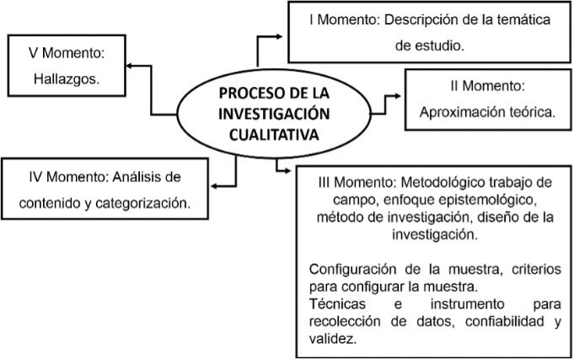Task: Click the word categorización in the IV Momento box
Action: click(x=141, y=202)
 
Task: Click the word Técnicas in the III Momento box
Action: click(x=335, y=302)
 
